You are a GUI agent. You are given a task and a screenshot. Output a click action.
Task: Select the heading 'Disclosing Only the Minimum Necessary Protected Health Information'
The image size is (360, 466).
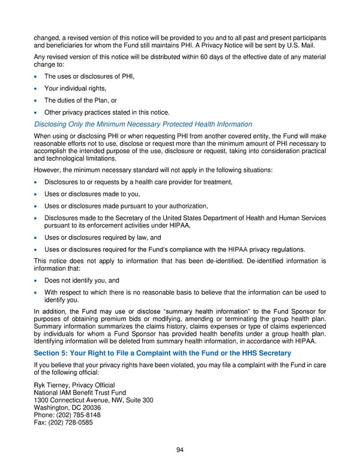coord(143,124)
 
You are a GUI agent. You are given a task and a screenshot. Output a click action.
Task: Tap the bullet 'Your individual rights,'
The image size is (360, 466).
coord(75,88)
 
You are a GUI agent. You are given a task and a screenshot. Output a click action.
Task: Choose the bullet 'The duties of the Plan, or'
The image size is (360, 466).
coord(82,100)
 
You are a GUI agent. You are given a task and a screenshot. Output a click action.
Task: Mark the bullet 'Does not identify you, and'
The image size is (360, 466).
coord(82,280)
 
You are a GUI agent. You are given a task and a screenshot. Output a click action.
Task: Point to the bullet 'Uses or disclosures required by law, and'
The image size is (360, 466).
coord(103,237)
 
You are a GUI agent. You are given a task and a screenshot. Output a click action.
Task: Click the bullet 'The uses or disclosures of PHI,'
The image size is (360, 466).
coord(89,77)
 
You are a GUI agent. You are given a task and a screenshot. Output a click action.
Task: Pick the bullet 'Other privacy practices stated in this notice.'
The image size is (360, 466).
coord(107,112)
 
